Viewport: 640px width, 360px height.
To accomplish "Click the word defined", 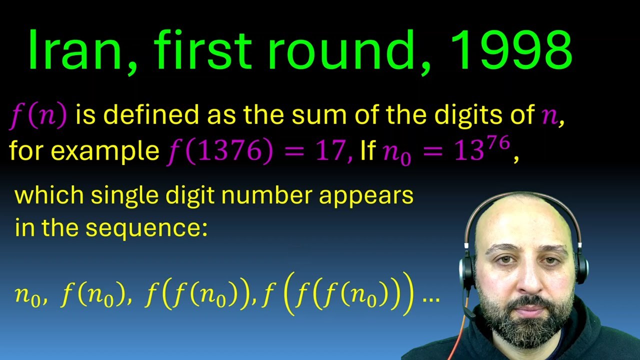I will pyautogui.click(x=150, y=115).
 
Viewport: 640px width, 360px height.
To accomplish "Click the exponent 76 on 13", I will pyautogui.click(x=498, y=143).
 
